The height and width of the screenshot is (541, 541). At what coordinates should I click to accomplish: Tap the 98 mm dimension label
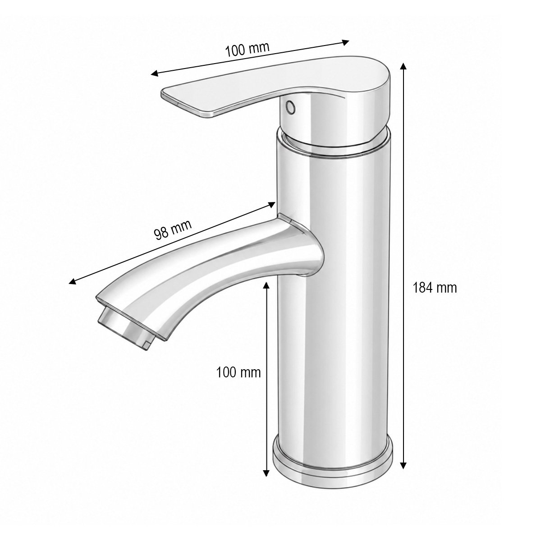(173, 229)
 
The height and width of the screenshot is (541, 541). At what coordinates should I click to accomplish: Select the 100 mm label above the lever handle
(247, 50)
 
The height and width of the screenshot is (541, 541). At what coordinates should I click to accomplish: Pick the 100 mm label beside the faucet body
(238, 372)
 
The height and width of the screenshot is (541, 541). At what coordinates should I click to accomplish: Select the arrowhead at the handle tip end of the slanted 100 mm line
(155, 74)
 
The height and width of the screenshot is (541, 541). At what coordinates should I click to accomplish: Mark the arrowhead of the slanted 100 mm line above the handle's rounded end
(345, 42)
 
